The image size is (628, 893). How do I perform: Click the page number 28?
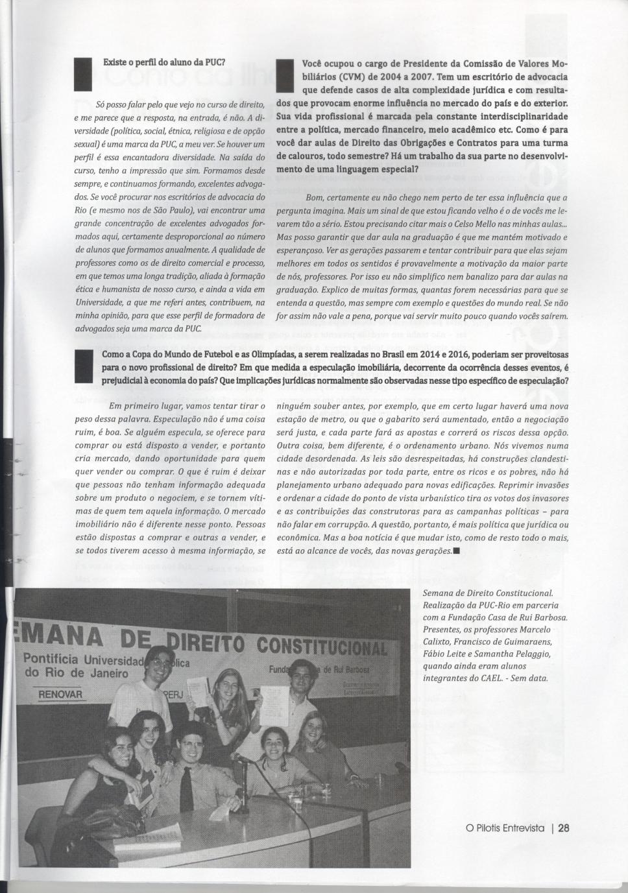pyautogui.click(x=563, y=828)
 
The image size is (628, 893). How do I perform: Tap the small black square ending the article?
pyautogui.click(x=457, y=551)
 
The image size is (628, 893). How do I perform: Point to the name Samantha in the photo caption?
pyautogui.click(x=498, y=654)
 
